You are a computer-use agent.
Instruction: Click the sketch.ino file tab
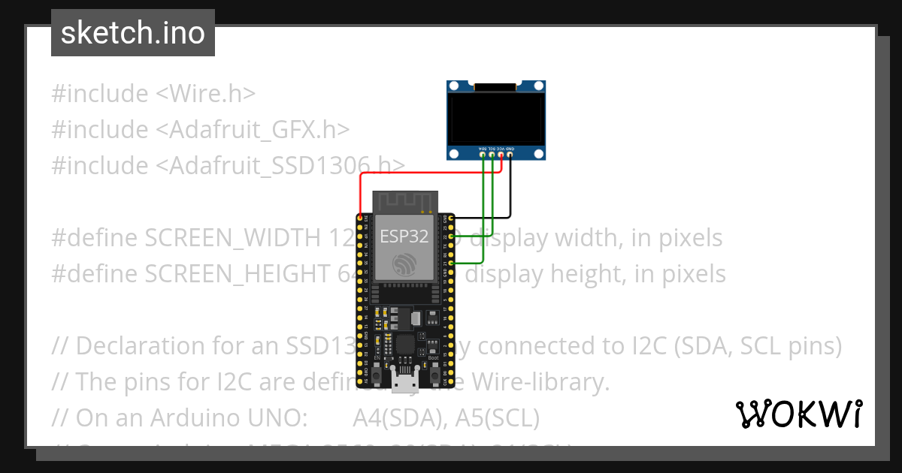[132, 33]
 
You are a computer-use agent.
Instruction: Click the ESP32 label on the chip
[404, 237]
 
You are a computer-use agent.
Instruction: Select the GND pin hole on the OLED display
[510, 155]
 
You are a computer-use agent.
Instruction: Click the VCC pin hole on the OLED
[501, 155]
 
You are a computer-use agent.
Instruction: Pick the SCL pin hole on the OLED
[492, 155]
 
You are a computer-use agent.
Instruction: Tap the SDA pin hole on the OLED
[483, 155]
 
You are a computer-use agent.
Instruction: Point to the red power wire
[421, 173]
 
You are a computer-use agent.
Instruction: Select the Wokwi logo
[798, 414]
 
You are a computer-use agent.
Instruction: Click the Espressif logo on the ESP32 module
[404, 263]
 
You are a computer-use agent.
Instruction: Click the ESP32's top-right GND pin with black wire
[449, 218]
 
